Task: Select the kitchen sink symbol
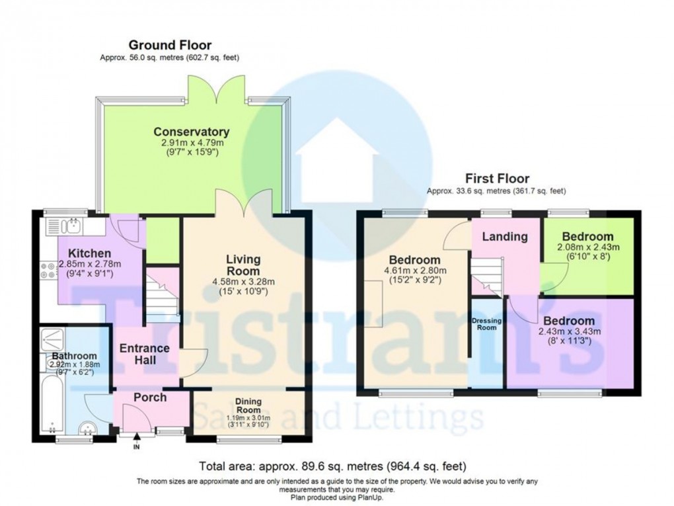[x=73, y=228]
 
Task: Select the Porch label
[x=150, y=398]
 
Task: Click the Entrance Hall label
[x=144, y=354]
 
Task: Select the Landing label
[x=505, y=236]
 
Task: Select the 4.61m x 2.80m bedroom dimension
[x=414, y=270]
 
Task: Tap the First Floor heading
[x=496, y=179]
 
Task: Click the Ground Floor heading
[x=170, y=45]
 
